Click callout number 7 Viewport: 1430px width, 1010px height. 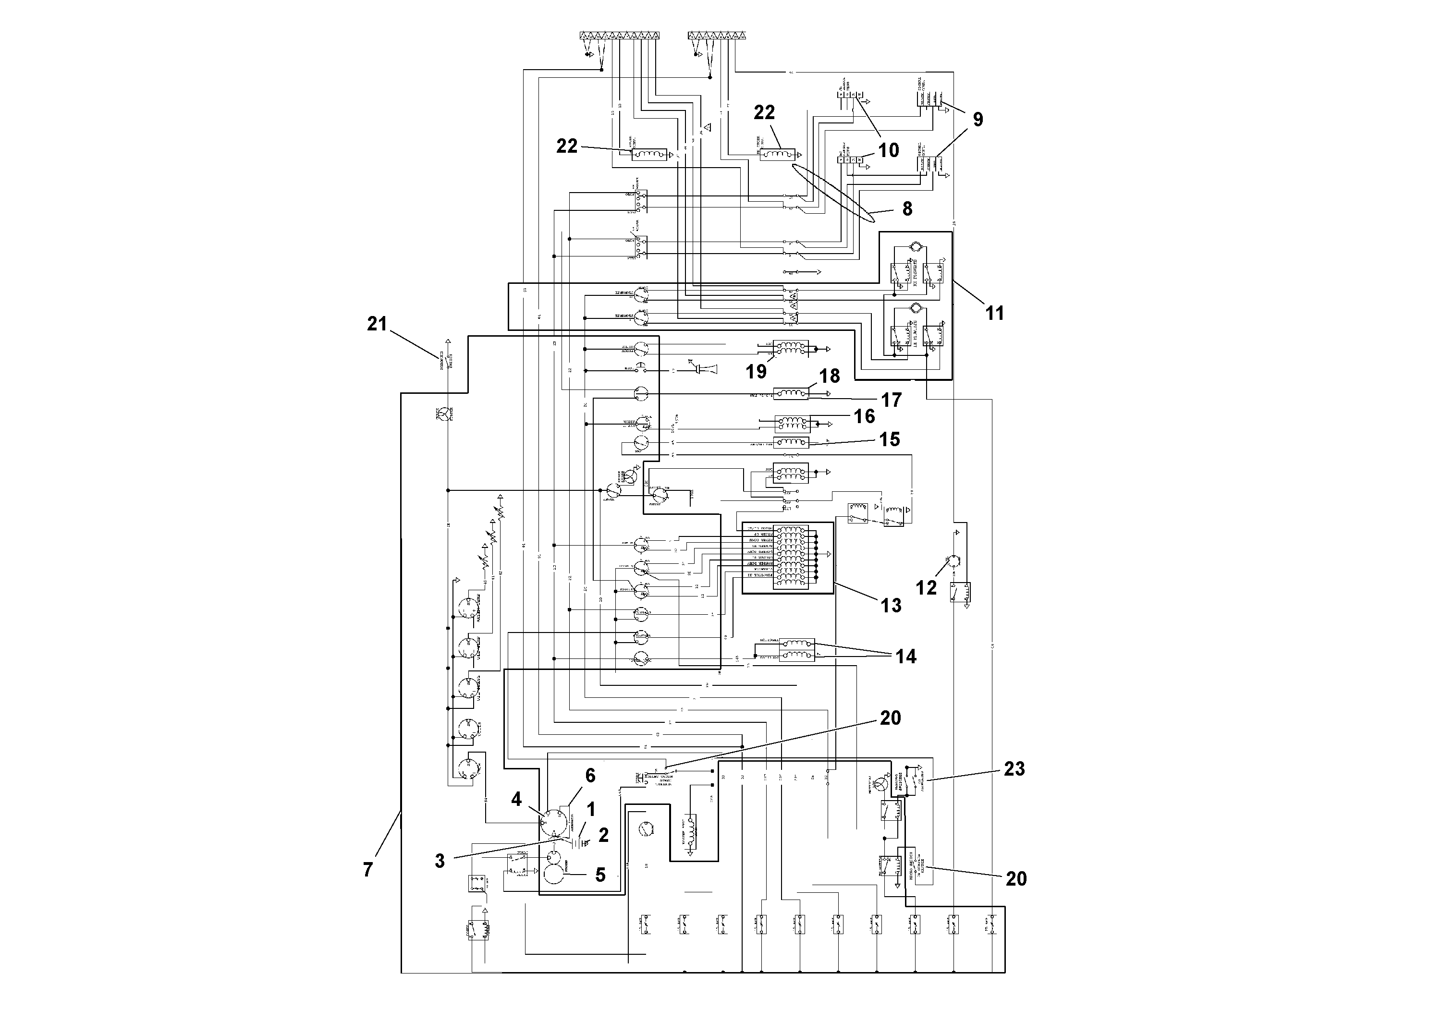tap(368, 870)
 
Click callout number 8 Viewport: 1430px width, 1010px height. tap(907, 208)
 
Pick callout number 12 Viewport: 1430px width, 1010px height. tap(926, 587)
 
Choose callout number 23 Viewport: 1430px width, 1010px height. tap(1014, 769)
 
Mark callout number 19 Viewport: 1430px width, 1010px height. tap(756, 372)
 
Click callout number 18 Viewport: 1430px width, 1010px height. tap(830, 376)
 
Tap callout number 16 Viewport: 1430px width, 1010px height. tap(865, 416)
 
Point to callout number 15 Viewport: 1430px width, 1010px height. tap(890, 439)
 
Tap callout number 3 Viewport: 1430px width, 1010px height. tap(440, 861)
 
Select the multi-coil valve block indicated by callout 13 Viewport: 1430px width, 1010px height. tap(788, 557)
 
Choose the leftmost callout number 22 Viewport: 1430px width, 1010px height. tap(567, 146)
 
